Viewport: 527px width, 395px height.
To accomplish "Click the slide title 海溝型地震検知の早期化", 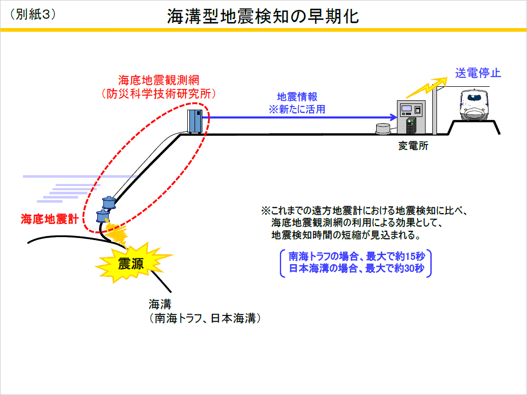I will [x=263, y=16].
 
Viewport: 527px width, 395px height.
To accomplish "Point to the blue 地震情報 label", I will [x=297, y=97].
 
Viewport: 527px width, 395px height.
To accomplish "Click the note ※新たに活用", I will [x=297, y=109].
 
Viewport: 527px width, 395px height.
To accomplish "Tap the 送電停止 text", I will [x=478, y=73].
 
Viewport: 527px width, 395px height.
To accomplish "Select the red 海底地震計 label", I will [x=49, y=219].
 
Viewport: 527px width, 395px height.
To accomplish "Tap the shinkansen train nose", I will [x=475, y=109].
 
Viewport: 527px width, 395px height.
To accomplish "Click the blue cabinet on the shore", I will [x=195, y=121].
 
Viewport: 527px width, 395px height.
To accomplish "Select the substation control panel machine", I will [x=412, y=117].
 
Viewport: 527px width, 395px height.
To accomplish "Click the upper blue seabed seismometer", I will [x=108, y=201].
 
